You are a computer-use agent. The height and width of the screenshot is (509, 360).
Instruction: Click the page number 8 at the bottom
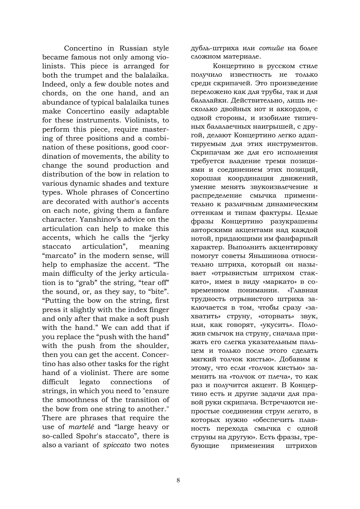point(178,480)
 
